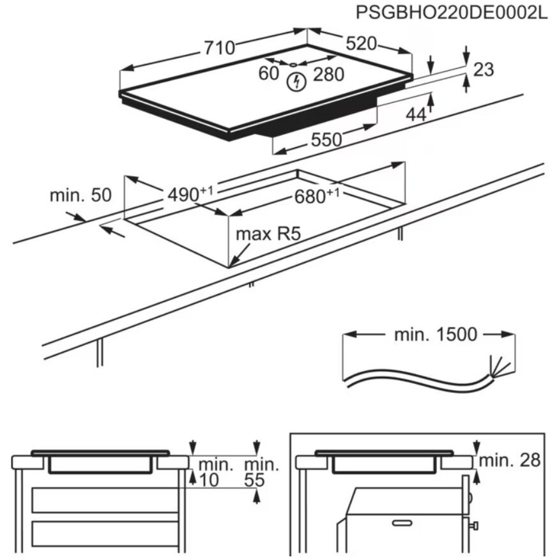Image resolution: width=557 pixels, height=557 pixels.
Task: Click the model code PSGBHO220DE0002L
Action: point(452,13)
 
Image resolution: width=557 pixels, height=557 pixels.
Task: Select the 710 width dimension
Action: point(220,47)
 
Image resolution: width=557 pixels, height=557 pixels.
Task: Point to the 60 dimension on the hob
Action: point(269,73)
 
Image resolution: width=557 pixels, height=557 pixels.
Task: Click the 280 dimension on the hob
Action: point(329,75)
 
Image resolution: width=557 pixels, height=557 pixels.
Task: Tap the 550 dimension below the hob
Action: point(326,139)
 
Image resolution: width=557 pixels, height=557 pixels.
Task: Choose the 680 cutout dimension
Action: point(313,197)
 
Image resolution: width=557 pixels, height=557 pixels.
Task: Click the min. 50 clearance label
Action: point(80,195)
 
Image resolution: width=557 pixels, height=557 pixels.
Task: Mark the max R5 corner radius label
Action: point(268,234)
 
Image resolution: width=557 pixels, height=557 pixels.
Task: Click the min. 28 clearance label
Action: point(510,459)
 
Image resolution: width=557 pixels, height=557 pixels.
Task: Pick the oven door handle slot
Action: point(402,523)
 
